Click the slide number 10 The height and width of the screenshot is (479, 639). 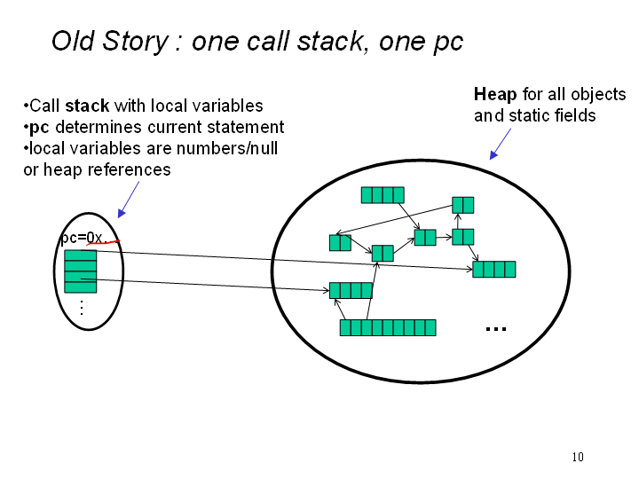[578, 457]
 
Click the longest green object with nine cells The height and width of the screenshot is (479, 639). [388, 327]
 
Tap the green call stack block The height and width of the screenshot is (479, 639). [81, 271]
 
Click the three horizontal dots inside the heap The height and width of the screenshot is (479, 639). [495, 329]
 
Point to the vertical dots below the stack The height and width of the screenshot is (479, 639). [81, 308]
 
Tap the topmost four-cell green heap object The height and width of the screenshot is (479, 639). [383, 195]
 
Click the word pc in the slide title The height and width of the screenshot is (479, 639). [447, 42]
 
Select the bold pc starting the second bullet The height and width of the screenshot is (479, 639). [39, 127]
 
